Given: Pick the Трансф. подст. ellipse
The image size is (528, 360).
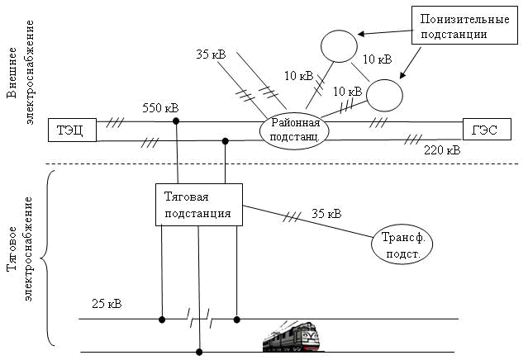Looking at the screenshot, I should click(402, 245).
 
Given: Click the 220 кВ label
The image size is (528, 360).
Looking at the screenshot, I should click(442, 151).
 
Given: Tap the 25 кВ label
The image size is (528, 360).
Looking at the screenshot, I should click(107, 304).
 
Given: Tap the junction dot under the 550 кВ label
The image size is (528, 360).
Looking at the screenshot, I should click(176, 121).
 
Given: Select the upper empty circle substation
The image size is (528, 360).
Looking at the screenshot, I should click(338, 45).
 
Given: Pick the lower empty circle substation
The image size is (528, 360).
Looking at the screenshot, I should click(384, 94).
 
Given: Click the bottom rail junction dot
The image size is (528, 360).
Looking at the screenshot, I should click(199, 351).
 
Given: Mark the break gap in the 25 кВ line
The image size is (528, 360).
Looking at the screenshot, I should click(199, 318).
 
